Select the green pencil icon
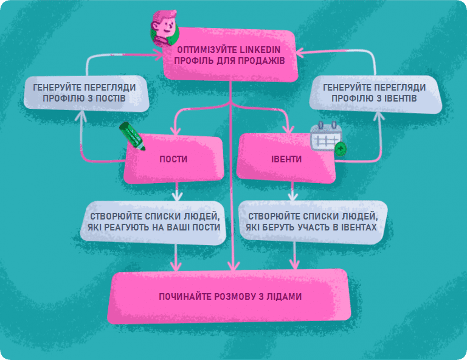[x=133, y=136]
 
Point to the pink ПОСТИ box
[x=173, y=160]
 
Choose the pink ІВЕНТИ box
[x=285, y=160]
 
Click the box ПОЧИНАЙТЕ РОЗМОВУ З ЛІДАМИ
[x=230, y=296]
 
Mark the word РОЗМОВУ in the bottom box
[x=229, y=296]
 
